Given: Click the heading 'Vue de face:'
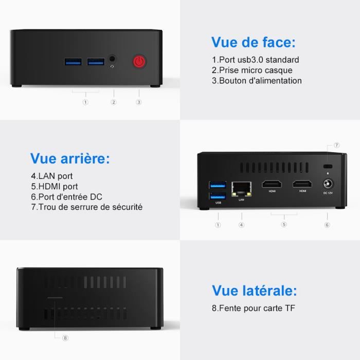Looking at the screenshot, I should coord(254,42).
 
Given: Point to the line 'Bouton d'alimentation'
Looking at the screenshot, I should coord(257,80).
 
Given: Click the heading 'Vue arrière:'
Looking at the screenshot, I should coord(70,158).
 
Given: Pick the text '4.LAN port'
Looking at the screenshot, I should coord(52,176).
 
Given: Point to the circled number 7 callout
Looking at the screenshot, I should coord(337,146).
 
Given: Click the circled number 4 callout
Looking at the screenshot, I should coord(241,225).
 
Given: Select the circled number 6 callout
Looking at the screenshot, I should coord(327,225).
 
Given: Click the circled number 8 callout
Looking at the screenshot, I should coord(65,338).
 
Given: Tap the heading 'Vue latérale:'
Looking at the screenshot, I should coord(255,291).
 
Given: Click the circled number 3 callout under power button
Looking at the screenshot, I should coord(138,102).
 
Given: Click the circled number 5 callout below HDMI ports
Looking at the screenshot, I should coord(284,225).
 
